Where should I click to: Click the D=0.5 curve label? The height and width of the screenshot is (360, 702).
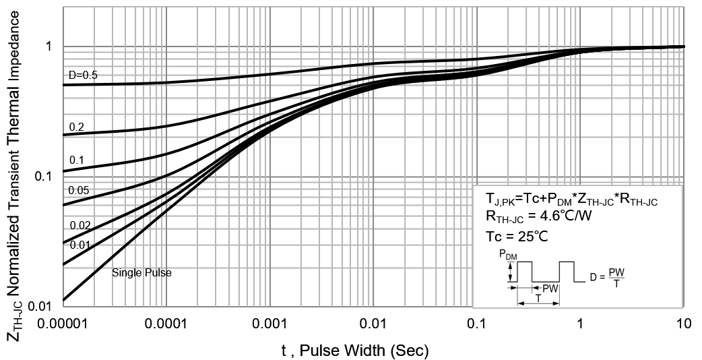[x=83, y=75]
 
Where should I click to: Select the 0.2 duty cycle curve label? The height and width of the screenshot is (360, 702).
[x=76, y=127]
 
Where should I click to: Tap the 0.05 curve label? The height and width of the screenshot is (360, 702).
[x=79, y=191]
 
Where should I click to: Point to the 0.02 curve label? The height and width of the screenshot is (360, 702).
[x=79, y=226]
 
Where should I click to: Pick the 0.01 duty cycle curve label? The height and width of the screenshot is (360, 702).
[x=79, y=244]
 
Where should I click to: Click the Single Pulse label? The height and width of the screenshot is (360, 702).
[x=141, y=273]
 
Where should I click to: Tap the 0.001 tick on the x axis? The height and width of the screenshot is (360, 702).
[x=269, y=324]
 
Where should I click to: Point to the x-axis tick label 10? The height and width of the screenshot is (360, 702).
[x=683, y=324]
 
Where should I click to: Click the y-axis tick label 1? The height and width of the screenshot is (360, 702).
[x=49, y=47]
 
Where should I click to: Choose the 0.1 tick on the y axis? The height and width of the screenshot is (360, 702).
[x=44, y=177]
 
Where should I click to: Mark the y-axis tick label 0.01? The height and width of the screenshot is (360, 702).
[x=40, y=307]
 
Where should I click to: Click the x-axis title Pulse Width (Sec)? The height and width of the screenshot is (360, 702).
[x=355, y=350]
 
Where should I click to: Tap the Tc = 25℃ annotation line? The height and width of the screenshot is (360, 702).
[x=517, y=237]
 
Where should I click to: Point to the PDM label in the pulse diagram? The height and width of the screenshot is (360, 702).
[x=509, y=254]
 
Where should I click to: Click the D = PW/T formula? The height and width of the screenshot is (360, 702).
[x=606, y=276]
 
